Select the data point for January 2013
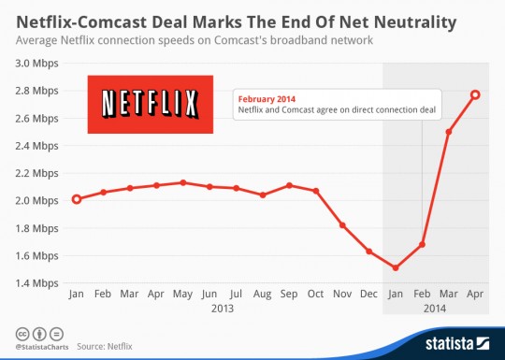[76, 199]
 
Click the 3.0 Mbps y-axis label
[36, 64]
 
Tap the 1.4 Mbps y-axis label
[36, 283]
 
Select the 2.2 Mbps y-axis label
[36, 173]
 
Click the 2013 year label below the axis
[223, 307]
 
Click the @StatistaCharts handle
[39, 346]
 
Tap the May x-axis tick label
[183, 293]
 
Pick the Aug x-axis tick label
[263, 293]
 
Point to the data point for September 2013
[290, 185]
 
